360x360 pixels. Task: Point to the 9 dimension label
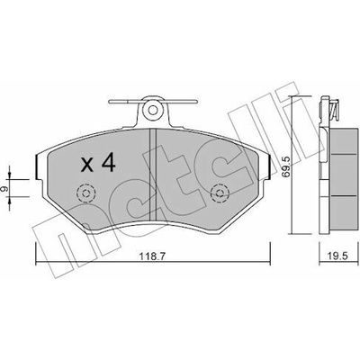[x=4, y=189]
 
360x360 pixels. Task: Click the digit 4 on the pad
[x=108, y=163]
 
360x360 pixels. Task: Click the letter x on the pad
[x=87, y=166]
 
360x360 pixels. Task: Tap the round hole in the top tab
[x=153, y=110]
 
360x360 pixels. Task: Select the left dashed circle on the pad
[x=86, y=193]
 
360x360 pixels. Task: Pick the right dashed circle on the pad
[x=220, y=193]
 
